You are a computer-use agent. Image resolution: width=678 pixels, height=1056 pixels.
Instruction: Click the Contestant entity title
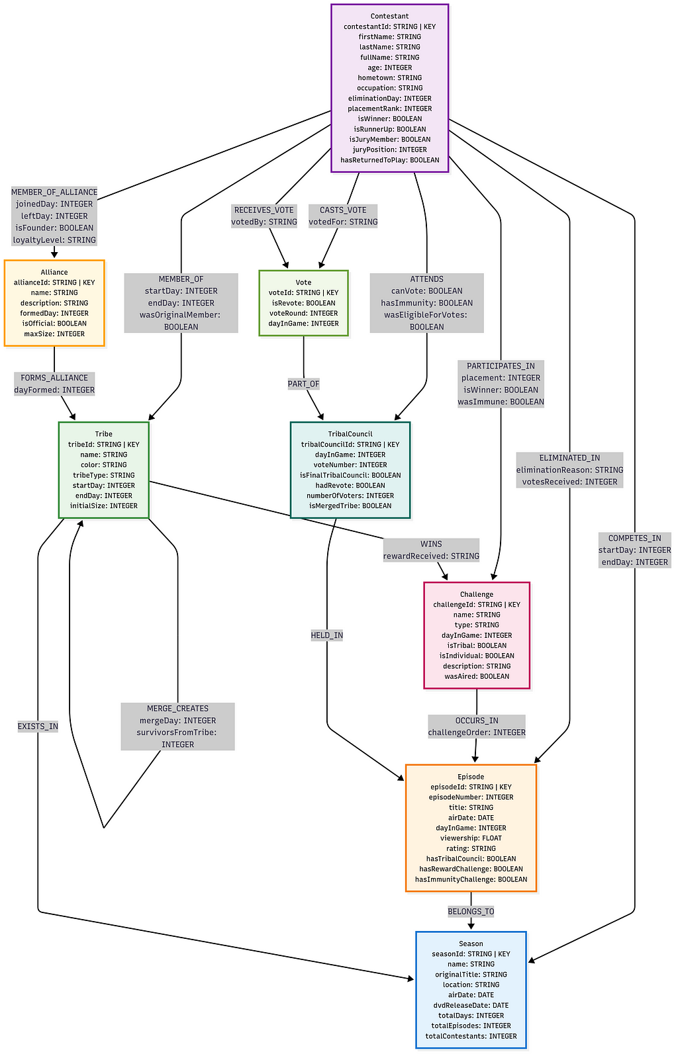coord(389,16)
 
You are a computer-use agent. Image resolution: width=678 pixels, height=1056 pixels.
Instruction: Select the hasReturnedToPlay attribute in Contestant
coord(390,160)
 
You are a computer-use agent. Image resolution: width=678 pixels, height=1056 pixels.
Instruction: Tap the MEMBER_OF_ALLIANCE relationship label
coord(54,192)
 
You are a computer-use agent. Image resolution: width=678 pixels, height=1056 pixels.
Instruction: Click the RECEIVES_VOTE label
coord(264,210)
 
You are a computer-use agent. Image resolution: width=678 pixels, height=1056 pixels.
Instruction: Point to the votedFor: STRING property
coord(343,222)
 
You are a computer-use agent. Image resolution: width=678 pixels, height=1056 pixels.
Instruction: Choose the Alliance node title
coord(54,272)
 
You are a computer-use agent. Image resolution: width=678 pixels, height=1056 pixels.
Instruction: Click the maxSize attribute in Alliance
coord(54,333)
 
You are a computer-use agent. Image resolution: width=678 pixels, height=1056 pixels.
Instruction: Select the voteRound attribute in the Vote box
coord(303,313)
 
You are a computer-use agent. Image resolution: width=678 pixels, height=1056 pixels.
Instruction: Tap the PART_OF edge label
coord(303,384)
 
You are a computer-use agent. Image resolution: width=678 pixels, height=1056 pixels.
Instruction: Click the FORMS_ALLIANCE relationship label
coord(54,378)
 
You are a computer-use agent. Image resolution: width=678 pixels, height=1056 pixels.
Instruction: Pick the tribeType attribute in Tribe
coord(104,475)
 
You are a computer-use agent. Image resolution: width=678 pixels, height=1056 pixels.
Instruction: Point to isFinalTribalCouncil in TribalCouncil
coord(350,475)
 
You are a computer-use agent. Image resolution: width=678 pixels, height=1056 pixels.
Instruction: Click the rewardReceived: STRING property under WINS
coord(431,556)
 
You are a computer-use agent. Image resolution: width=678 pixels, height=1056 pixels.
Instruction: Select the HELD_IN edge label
coord(326,635)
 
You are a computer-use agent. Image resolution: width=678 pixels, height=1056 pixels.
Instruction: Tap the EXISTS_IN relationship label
coord(38,726)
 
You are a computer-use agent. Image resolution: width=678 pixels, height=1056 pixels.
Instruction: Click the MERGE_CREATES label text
coord(177,708)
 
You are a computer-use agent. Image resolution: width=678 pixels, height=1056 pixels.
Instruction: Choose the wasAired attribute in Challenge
coord(477,676)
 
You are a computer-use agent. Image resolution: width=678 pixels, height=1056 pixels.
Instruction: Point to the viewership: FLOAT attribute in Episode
coord(471,838)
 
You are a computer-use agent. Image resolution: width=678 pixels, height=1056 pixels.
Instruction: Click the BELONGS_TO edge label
coord(471,911)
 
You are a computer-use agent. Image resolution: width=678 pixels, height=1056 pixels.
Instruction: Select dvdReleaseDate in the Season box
coord(471,1005)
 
